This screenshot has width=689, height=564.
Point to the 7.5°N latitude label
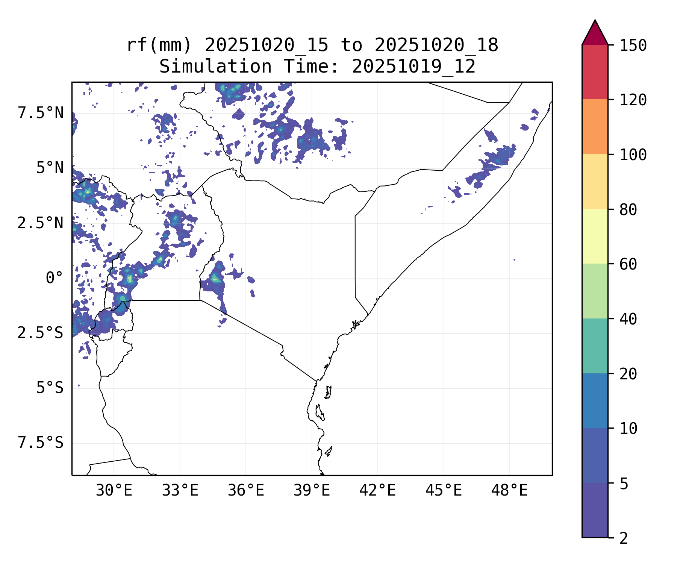(x=41, y=113)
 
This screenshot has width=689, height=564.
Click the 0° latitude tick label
(x=55, y=278)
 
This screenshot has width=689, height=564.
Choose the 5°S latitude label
(x=50, y=388)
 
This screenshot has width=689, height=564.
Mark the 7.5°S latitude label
(x=41, y=443)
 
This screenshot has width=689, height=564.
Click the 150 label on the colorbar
(x=633, y=45)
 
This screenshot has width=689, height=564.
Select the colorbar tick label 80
(x=628, y=210)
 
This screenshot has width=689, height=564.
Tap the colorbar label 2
(x=624, y=538)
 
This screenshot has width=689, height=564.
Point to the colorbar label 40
(x=628, y=319)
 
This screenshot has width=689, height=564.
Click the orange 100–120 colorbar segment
(x=595, y=127)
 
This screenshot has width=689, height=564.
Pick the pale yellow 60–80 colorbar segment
(x=595, y=236)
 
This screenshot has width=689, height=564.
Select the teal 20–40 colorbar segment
(x=595, y=346)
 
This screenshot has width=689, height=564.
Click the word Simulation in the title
(x=215, y=67)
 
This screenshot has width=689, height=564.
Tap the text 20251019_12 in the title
(x=413, y=67)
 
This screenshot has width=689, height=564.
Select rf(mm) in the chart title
(x=159, y=45)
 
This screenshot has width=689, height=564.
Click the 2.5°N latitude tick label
(x=41, y=223)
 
